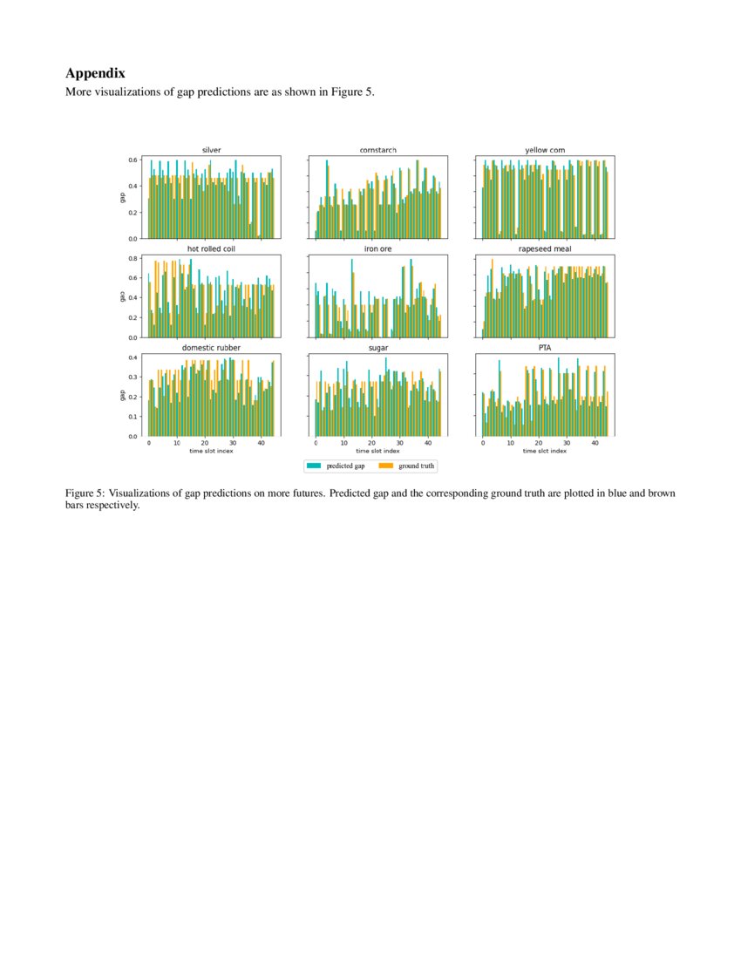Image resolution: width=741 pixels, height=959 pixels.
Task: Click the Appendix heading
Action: [95, 74]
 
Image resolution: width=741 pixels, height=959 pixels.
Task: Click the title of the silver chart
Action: [211, 150]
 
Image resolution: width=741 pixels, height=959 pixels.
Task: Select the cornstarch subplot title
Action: [377, 150]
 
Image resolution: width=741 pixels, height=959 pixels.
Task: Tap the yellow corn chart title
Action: [545, 150]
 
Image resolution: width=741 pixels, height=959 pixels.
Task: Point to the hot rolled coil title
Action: [211, 248]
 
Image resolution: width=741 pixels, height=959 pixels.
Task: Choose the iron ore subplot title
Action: [377, 248]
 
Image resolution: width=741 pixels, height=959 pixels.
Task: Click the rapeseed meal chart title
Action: [545, 248]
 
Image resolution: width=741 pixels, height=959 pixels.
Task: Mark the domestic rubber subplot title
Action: [211, 348]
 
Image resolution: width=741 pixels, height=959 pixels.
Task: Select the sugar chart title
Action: [377, 348]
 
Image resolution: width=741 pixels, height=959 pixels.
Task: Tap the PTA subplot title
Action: [545, 348]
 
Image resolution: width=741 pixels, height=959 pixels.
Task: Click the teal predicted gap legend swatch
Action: [316, 466]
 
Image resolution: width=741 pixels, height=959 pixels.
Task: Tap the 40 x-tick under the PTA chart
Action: [595, 443]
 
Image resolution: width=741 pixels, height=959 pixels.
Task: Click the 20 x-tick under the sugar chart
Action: [372, 443]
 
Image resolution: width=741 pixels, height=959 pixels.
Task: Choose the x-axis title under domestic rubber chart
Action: [211, 451]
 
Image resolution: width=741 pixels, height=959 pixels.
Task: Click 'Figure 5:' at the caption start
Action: [85, 493]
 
